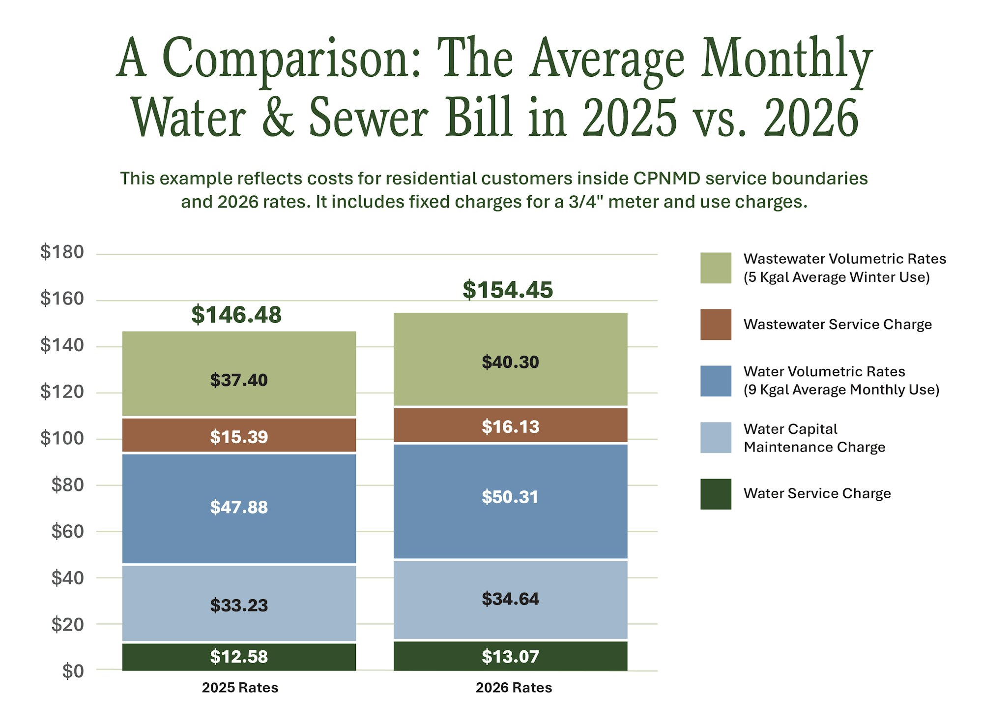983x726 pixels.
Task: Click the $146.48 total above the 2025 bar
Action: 236,315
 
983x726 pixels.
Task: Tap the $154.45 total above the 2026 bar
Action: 508,290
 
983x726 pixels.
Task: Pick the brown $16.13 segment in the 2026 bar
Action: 510,426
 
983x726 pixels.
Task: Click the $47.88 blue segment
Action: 239,507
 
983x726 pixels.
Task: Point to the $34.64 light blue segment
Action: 510,599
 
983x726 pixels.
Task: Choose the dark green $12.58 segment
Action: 239,657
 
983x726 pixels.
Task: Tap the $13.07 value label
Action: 510,657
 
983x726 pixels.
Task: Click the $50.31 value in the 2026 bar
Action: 510,497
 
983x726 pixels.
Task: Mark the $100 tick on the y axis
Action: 62,438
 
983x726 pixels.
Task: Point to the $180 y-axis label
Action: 62,252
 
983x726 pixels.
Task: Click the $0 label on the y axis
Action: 73,671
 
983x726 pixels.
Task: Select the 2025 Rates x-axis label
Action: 240,688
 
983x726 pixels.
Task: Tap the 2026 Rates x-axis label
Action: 514,688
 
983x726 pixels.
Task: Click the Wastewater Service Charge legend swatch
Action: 716,325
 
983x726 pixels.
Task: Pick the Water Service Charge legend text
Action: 817,493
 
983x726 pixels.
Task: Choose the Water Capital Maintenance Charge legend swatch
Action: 716,437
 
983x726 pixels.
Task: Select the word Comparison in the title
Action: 291,59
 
